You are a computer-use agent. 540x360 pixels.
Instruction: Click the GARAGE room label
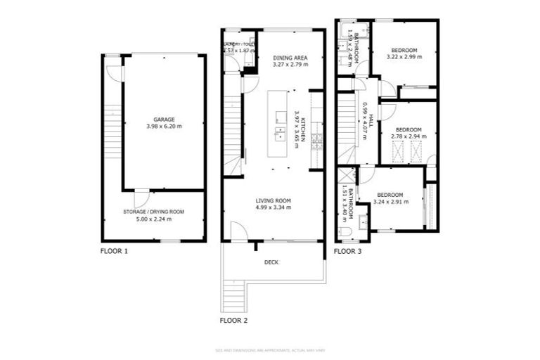164,120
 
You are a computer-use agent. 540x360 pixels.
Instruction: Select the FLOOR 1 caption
114,250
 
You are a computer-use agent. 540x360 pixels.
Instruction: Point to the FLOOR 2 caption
233,320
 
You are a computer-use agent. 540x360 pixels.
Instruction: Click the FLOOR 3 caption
347,250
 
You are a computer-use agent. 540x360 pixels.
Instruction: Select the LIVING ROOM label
272,200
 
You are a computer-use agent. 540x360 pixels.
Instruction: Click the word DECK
271,262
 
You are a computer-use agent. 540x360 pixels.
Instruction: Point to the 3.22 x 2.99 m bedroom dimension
404,57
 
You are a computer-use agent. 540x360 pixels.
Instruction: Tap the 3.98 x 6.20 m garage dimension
164,127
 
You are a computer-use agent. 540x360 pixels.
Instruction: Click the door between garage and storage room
141,191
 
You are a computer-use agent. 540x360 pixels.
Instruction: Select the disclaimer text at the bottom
270,349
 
